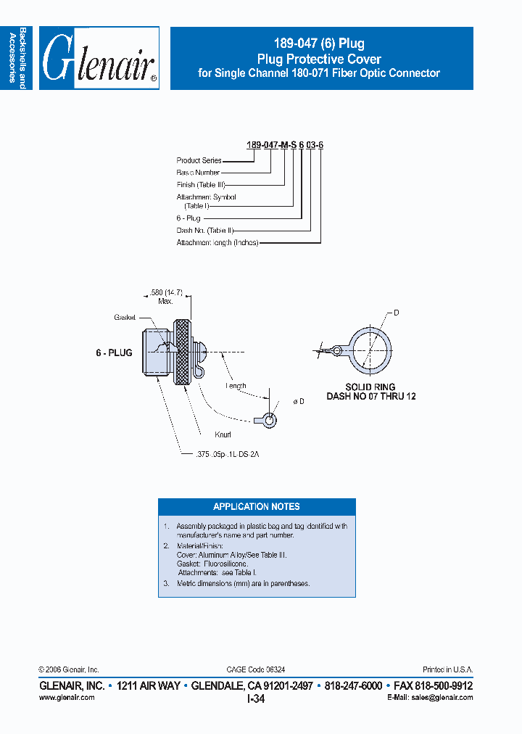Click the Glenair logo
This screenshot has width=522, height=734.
(x=99, y=59)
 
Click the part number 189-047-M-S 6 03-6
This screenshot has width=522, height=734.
(x=284, y=145)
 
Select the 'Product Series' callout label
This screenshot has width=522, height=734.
(x=199, y=160)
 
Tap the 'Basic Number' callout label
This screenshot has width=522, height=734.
(x=198, y=173)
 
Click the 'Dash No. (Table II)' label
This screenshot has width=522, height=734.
(x=204, y=230)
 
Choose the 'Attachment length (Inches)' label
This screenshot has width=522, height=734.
(x=217, y=243)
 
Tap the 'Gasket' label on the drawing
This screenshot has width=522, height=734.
(x=125, y=318)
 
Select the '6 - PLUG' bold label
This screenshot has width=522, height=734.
(x=114, y=352)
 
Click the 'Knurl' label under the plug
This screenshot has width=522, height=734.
(x=223, y=435)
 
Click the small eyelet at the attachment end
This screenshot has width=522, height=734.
(x=269, y=419)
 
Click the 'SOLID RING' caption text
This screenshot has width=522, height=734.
(x=370, y=387)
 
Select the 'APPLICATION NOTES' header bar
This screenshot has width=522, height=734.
(x=257, y=506)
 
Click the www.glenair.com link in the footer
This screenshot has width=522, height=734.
(x=66, y=698)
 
